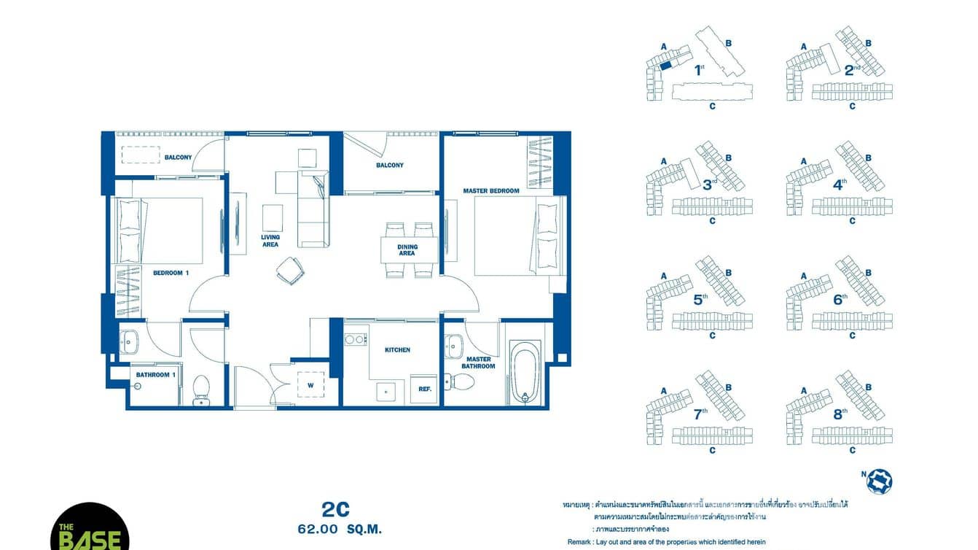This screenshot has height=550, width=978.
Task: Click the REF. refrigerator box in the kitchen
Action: click(425, 389)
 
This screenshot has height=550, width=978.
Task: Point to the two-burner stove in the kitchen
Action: click(355, 339)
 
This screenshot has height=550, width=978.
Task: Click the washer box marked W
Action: click(311, 384)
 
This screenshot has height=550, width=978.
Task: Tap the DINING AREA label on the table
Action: click(407, 249)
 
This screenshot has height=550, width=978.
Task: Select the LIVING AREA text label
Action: click(270, 241)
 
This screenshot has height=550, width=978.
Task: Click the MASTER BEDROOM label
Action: click(491, 191)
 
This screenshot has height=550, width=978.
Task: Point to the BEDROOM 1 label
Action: click(171, 273)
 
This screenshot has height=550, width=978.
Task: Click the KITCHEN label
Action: click(397, 350)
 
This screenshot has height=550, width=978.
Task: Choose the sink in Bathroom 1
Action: click(129, 341)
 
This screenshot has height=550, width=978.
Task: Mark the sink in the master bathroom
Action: click(455, 343)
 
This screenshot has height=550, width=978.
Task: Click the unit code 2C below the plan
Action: click(336, 508)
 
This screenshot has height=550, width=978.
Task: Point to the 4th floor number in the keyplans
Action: click(840, 184)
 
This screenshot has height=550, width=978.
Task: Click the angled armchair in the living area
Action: click(289, 271)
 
